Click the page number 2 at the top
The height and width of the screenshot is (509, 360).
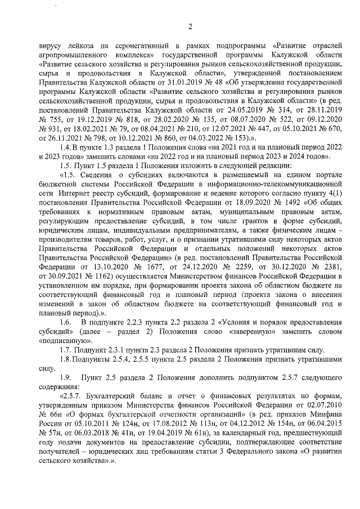(190, 26)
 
